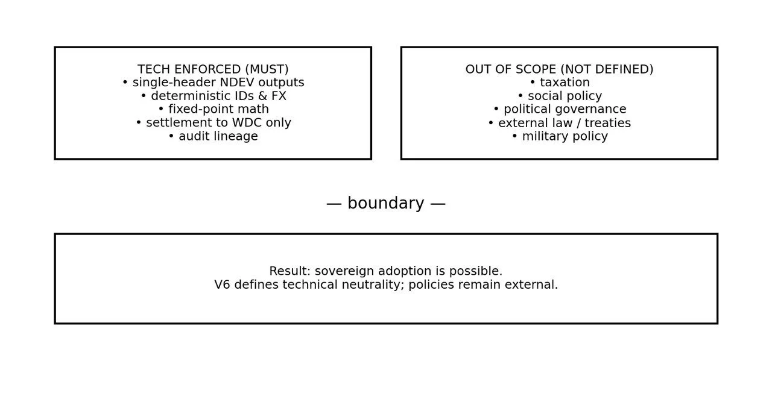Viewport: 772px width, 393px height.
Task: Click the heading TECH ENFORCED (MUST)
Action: [x=213, y=69]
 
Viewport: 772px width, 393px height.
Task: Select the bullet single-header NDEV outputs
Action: [x=213, y=83]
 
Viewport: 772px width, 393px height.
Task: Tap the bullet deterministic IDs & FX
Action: [x=213, y=96]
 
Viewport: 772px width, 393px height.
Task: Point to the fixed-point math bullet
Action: [x=213, y=109]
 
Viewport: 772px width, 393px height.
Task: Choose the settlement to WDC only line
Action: [x=213, y=123]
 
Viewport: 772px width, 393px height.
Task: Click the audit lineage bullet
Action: [x=213, y=136]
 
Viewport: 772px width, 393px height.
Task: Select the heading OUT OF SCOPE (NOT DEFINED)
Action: [x=559, y=69]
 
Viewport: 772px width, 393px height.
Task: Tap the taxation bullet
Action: [x=559, y=83]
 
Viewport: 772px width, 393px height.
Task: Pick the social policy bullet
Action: [x=559, y=96]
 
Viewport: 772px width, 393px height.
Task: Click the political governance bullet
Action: [x=559, y=109]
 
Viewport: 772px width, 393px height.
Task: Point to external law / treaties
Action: [x=559, y=123]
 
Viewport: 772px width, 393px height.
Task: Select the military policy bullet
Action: [x=559, y=136]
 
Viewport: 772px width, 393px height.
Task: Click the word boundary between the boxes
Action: [x=386, y=204]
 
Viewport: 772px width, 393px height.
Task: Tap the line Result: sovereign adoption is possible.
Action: [x=386, y=271]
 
